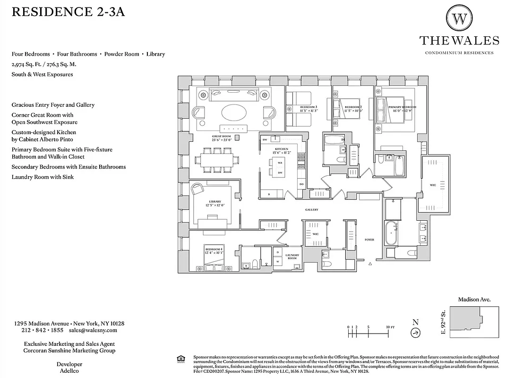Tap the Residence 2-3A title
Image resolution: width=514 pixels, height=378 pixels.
click(68, 12)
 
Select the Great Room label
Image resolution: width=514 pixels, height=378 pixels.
click(221, 137)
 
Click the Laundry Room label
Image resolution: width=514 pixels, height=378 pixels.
click(292, 257)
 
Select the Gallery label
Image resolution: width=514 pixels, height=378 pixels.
click(311, 210)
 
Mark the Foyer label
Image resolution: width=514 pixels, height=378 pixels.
click(369, 240)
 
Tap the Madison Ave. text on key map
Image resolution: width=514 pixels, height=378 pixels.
click(474, 299)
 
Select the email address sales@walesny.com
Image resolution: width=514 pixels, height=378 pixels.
click(93, 330)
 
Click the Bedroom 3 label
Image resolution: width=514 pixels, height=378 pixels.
click(308, 109)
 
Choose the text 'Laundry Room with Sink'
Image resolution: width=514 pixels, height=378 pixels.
click(43, 177)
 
